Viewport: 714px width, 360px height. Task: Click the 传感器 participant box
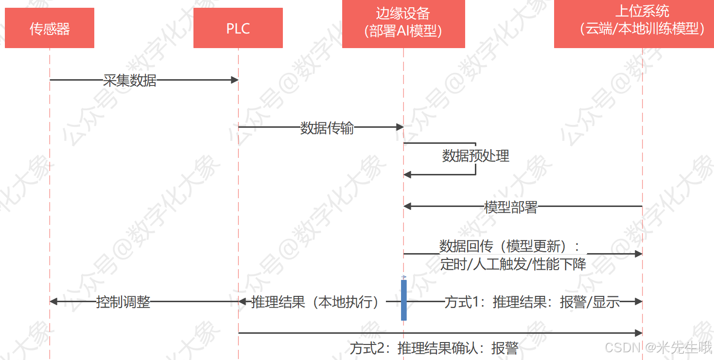coord(50,28)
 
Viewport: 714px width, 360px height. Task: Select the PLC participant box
coord(238,28)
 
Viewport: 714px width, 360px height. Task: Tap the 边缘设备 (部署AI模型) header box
coord(403,23)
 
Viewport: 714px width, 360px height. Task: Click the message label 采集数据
coord(130,80)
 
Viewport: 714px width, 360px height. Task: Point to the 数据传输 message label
coord(327,128)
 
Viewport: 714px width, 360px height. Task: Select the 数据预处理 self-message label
coord(475,156)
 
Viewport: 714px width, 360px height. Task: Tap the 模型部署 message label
coord(510,207)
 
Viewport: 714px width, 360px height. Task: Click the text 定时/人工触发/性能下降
coord(513,265)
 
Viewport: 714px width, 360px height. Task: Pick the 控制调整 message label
coord(123,302)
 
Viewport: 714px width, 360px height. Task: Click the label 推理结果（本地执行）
coord(315,302)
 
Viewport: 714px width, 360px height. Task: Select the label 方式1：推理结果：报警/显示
coord(532,302)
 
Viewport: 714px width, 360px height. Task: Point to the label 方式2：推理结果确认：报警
coord(434,348)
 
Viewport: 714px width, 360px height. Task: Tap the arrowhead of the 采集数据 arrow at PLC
coord(234,80)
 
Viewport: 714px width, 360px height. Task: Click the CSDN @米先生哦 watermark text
coord(659,347)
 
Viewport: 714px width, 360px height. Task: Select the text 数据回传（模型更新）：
coord(509,246)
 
